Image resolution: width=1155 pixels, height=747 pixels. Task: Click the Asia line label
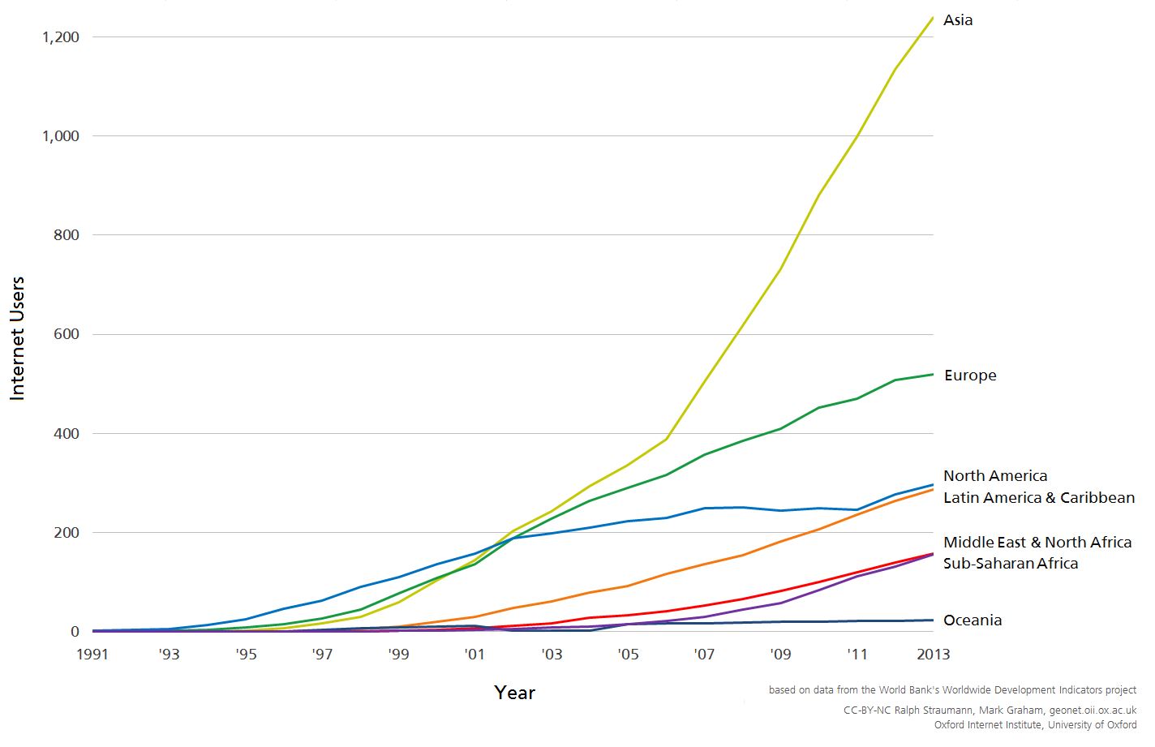click(x=957, y=20)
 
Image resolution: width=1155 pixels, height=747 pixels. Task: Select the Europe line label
click(x=970, y=376)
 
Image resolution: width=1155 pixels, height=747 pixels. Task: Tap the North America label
click(x=994, y=476)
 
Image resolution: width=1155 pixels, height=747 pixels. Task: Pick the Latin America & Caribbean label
click(x=1038, y=498)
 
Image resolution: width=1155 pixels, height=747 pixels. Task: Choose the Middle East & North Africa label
click(x=1037, y=543)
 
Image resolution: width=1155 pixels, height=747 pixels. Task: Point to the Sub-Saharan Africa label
click(x=1011, y=564)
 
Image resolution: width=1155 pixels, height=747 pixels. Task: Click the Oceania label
click(x=973, y=620)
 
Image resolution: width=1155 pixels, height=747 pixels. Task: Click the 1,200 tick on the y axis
click(x=61, y=37)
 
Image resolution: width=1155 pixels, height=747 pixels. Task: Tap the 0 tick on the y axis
click(x=75, y=632)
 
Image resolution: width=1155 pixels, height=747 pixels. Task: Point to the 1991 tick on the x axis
click(x=92, y=655)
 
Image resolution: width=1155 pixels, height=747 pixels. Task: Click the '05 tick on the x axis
click(x=628, y=655)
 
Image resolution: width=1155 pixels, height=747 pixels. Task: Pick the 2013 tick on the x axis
click(x=933, y=655)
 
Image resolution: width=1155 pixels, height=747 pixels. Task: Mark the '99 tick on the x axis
click(x=398, y=655)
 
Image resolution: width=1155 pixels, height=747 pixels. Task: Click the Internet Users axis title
click(x=18, y=338)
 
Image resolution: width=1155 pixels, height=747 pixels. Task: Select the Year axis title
click(x=514, y=693)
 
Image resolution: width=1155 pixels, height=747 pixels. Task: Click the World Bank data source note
click(x=952, y=690)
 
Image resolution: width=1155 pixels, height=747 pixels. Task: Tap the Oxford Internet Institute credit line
click(x=1035, y=725)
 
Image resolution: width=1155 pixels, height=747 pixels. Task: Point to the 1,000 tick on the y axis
click(x=61, y=136)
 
